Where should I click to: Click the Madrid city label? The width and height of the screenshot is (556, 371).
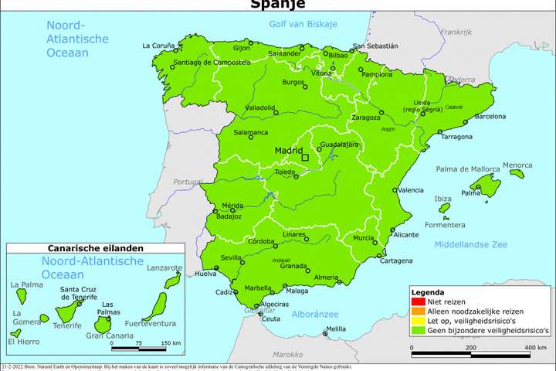(x=289, y=151)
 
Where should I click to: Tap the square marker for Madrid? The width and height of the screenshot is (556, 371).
(x=305, y=158)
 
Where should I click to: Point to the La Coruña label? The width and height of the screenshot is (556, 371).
(x=158, y=46)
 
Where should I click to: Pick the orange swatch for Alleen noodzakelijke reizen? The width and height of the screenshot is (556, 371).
(x=417, y=312)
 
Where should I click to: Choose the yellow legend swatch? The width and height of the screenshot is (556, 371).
(x=417, y=321)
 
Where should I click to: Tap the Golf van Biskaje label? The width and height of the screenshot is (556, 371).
(x=303, y=24)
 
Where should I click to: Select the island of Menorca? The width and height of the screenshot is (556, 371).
(x=518, y=174)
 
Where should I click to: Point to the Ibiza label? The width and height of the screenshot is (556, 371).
(x=443, y=199)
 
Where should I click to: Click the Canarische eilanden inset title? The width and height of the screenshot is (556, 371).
(x=96, y=249)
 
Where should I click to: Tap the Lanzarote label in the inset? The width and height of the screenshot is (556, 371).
(x=164, y=267)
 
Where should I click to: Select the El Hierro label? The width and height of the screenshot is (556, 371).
(x=22, y=341)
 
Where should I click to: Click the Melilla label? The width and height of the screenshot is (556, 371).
(x=336, y=328)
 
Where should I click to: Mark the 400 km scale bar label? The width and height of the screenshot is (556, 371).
(x=536, y=349)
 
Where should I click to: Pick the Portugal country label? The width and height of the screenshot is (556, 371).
(x=188, y=182)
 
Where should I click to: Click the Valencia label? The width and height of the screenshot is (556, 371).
(x=410, y=190)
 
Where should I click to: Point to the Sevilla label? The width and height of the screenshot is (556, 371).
(x=232, y=257)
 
